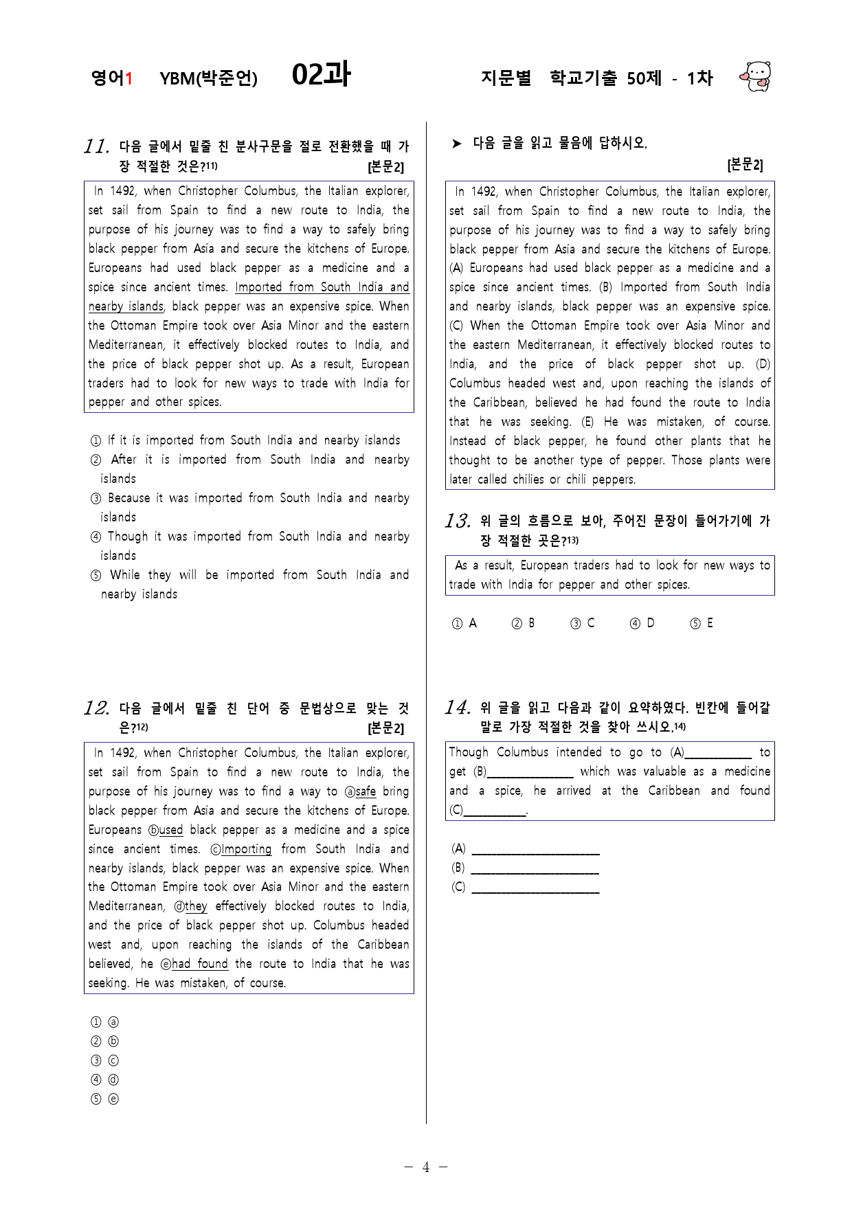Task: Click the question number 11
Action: tap(96, 146)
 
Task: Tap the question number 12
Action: tap(96, 708)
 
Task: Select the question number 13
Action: tap(457, 521)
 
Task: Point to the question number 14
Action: tap(457, 708)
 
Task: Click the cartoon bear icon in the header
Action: tap(756, 76)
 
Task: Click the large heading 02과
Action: tap(321, 75)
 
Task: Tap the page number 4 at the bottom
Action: tap(426, 1167)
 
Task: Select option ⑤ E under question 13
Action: tap(702, 623)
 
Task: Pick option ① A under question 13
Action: tap(464, 623)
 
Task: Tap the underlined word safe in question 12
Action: tap(366, 791)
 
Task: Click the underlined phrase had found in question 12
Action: tap(199, 964)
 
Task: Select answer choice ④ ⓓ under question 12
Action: tap(104, 1080)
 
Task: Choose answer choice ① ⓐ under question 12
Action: tap(104, 1022)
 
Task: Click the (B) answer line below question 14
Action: tap(535, 869)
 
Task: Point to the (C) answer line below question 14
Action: tap(535, 888)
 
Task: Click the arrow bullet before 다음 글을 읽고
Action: tap(457, 144)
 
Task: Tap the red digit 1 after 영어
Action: tap(128, 78)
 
